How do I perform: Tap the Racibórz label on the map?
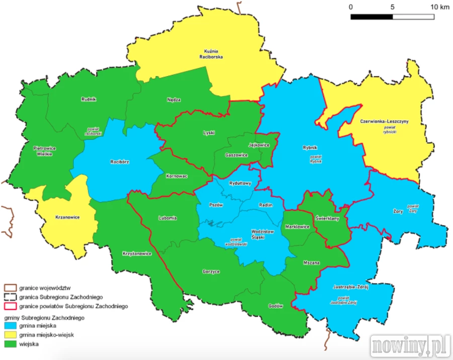[x=120, y=162]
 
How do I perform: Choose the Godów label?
[x=276, y=306]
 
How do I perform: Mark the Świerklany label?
[x=327, y=219]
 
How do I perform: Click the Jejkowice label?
[x=259, y=145]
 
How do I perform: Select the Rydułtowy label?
[x=240, y=184]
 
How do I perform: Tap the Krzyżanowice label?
[x=137, y=254]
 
